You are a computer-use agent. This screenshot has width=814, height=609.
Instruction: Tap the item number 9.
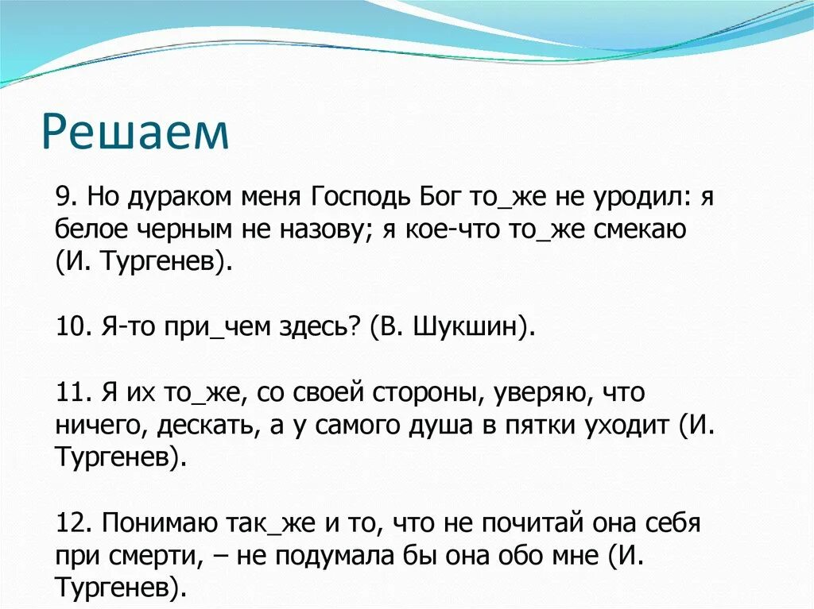point(66,196)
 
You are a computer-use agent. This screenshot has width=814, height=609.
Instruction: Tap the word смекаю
point(641,229)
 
